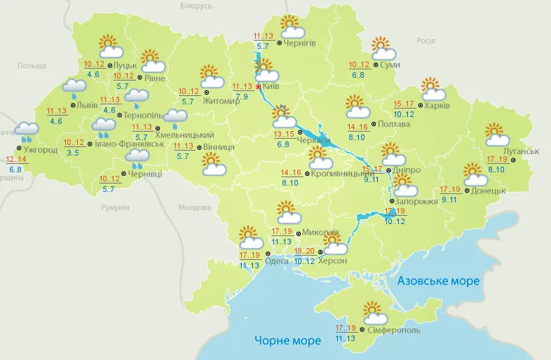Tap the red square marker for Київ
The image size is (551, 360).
(258, 88)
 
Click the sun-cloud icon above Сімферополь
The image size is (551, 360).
(372, 311)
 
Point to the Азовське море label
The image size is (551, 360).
(438, 281)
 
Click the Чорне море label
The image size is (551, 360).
(287, 340)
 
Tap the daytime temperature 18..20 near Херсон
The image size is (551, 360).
(304, 251)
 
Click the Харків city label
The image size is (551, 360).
(437, 106)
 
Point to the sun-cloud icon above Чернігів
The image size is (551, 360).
(292, 27)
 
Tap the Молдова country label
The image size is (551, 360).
(194, 208)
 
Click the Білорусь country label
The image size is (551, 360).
(196, 6)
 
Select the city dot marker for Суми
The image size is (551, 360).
(375, 65)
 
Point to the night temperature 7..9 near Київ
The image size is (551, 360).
(242, 97)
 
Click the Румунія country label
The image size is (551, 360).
(114, 207)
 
